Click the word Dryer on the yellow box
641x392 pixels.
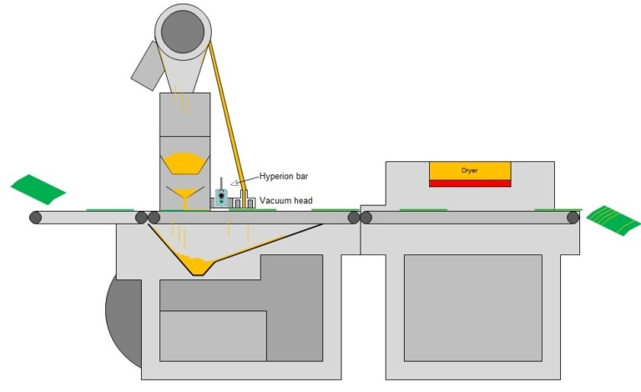[470, 170]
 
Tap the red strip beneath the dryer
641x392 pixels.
[470, 183]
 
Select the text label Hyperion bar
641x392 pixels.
[285, 177]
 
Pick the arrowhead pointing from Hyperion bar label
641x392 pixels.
[234, 183]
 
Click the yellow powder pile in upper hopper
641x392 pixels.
[186, 161]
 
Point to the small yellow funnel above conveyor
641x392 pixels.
[186, 196]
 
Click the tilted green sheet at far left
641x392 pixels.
[38, 188]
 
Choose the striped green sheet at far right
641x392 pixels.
[613, 219]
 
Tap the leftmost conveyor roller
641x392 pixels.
[35, 218]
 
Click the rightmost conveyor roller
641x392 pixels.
[573, 218]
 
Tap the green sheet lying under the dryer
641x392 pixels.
[422, 210]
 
